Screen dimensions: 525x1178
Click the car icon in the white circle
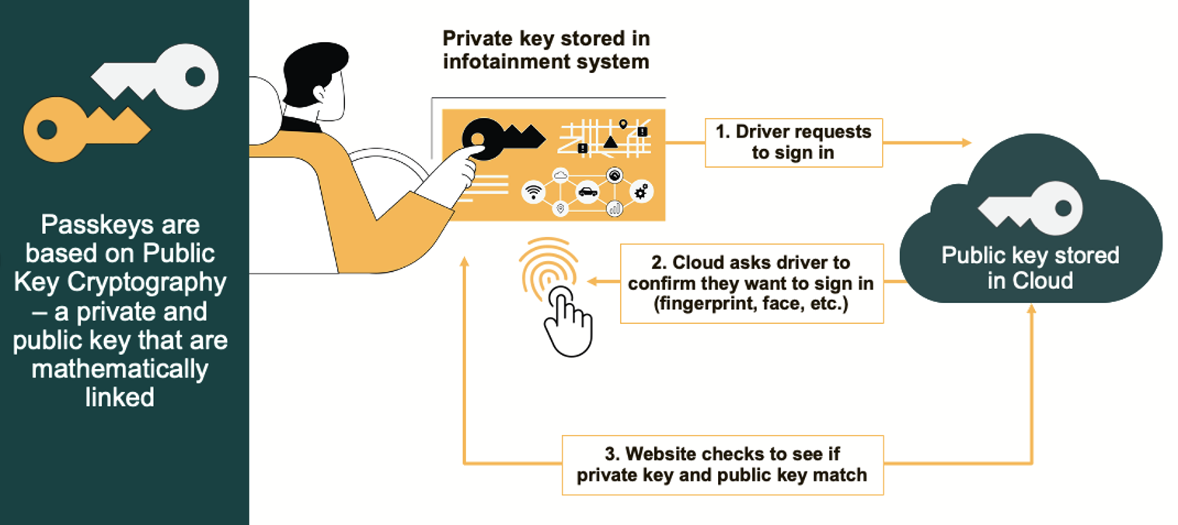point(587,191)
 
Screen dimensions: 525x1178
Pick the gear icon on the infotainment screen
point(640,191)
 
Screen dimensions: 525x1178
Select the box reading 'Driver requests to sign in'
point(793,142)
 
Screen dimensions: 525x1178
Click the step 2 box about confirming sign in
point(751,283)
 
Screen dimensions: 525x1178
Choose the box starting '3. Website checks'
point(723,464)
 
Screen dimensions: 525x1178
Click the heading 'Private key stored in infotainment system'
point(546,50)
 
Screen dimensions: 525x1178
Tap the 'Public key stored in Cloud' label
point(1030,267)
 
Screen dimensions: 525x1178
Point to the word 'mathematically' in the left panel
point(120,368)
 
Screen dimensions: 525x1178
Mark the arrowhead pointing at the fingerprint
point(591,282)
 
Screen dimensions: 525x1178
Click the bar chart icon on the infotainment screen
point(614,208)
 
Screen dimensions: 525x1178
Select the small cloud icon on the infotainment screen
point(560,175)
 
